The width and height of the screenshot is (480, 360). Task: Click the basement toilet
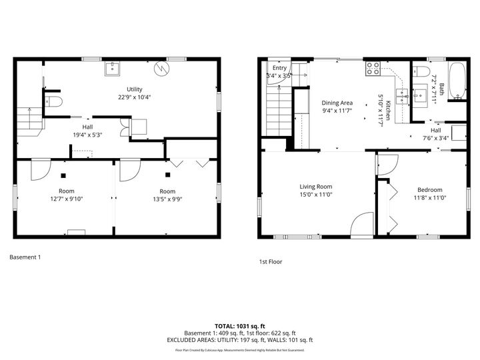pyautogui.click(x=55, y=101)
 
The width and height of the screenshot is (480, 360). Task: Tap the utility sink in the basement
pyautogui.click(x=112, y=67)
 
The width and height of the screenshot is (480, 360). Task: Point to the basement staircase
pyautogui.click(x=29, y=121)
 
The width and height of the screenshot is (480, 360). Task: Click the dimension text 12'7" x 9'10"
pyautogui.click(x=65, y=199)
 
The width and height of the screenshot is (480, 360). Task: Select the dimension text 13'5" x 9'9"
pyautogui.click(x=167, y=199)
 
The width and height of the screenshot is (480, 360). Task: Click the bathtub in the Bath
pyautogui.click(x=457, y=82)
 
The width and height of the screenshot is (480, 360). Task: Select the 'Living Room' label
pyautogui.click(x=315, y=187)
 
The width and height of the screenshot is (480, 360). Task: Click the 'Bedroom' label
pyautogui.click(x=430, y=189)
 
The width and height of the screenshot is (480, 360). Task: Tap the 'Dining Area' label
pyautogui.click(x=337, y=103)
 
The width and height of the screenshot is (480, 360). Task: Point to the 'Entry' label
pyautogui.click(x=279, y=68)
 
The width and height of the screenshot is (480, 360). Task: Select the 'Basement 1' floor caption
pyautogui.click(x=25, y=257)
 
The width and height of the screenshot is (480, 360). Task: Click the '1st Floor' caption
pyautogui.click(x=271, y=261)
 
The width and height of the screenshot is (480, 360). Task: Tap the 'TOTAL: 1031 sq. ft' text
pyautogui.click(x=240, y=325)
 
